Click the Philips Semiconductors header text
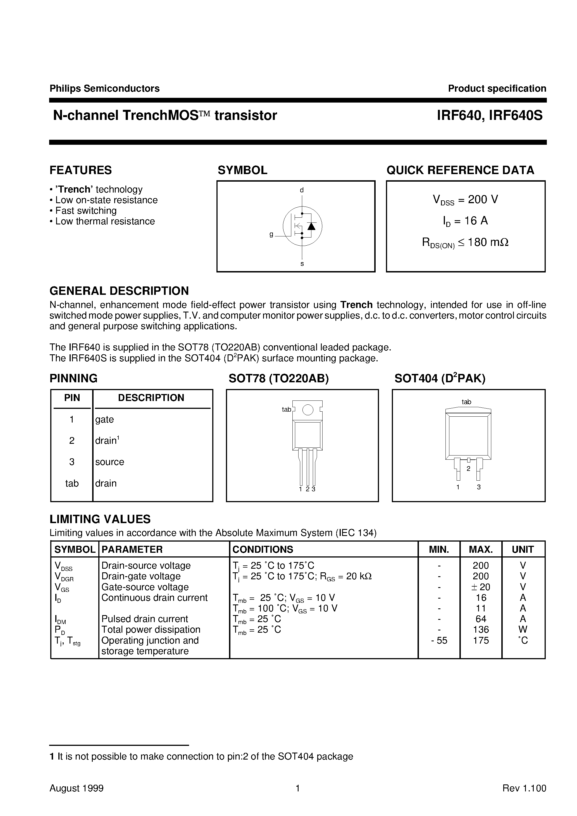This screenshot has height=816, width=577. [104, 89]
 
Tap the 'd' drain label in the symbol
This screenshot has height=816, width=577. [302, 190]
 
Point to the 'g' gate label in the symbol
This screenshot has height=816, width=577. [271, 234]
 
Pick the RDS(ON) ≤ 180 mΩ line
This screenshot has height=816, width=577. [465, 243]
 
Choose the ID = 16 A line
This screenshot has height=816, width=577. [465, 221]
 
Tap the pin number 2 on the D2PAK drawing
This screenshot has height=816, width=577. [468, 469]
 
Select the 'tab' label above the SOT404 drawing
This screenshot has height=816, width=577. [466, 402]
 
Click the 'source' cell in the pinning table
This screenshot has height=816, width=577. [109, 462]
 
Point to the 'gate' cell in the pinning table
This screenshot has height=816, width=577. [104, 419]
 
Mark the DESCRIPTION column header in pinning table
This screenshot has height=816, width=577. [151, 398]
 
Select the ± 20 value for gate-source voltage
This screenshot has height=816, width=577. [481, 587]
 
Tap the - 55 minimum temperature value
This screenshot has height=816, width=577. [439, 641]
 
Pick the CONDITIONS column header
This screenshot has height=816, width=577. [263, 549]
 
